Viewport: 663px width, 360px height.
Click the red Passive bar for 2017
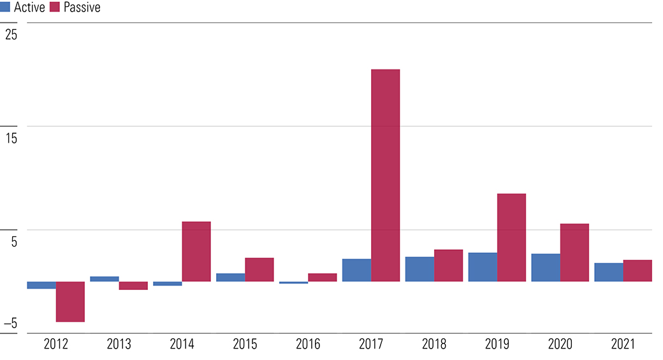coord(385,175)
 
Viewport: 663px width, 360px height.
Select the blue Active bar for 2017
coord(356,270)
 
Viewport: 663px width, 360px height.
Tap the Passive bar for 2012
coord(70,301)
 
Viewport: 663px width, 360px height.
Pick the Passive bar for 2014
coord(196,252)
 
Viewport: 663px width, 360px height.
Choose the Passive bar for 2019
coord(512,238)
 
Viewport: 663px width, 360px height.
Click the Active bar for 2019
coord(483,267)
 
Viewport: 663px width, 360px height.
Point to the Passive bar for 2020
coord(574,253)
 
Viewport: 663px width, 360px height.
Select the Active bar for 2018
coord(420,269)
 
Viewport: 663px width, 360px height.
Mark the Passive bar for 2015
coord(259,270)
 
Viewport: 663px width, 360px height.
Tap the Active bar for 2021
coord(609,272)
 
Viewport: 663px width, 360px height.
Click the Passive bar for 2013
coord(133,285)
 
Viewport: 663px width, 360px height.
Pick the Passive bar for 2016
coord(322,278)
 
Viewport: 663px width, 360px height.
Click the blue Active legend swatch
coord(5,7)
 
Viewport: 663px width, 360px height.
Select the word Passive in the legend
coord(82,7)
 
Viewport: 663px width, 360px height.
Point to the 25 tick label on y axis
coord(11,34)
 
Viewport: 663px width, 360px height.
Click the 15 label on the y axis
coord(11,138)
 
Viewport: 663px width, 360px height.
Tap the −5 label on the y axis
coord(11,323)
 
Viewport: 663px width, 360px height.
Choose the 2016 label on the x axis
coord(308,344)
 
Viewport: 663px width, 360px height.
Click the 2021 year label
coord(623,344)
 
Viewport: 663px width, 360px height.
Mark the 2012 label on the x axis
coord(56,344)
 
